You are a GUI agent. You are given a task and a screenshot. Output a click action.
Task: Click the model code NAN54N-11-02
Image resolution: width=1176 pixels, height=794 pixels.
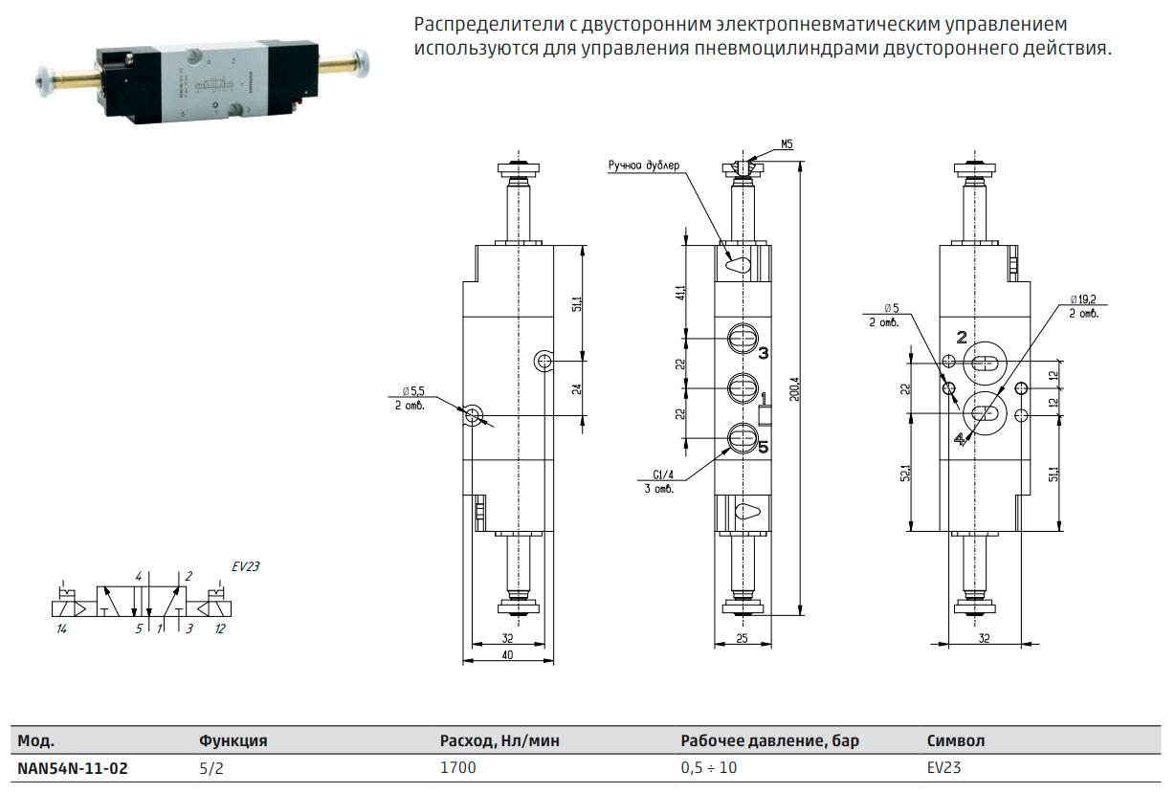[73, 768]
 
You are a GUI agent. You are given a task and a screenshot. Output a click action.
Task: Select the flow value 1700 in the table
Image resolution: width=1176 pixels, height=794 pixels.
[457, 768]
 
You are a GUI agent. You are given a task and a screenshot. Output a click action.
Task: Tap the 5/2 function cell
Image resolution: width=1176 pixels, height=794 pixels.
[211, 768]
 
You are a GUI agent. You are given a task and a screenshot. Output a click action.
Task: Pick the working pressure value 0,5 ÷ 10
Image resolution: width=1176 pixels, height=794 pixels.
[709, 768]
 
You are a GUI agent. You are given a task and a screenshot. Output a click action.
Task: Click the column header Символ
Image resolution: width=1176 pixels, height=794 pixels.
[956, 740]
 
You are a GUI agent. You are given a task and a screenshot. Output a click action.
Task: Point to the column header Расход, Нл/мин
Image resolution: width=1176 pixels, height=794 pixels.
[499, 741]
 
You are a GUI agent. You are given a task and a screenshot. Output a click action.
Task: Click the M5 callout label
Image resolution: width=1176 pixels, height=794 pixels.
[787, 144]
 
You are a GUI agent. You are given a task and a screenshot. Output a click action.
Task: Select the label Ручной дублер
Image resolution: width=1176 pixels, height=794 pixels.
[644, 165]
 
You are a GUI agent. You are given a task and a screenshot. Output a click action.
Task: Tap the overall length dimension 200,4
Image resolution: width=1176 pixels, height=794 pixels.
[794, 388]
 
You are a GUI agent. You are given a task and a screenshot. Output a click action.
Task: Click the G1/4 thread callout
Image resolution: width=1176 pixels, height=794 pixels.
[662, 474]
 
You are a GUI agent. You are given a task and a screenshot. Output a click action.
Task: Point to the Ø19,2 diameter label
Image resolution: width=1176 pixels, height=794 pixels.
[1083, 299]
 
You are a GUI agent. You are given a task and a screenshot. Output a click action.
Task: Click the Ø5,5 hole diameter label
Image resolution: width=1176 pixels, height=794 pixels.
[413, 391]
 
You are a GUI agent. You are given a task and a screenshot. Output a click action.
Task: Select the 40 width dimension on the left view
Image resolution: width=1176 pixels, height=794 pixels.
[507, 655]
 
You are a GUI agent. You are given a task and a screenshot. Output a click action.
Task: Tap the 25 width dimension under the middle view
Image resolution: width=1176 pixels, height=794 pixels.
[742, 639]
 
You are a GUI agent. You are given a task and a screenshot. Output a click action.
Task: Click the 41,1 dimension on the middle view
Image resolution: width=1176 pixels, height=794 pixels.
[681, 293]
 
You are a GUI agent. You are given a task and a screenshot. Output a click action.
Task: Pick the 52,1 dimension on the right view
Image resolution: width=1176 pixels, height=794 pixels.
[905, 473]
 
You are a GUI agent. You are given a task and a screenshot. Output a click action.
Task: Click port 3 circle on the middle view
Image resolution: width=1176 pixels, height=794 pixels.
[743, 339]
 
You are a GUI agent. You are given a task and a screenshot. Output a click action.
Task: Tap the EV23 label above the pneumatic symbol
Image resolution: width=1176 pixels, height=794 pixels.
[246, 566]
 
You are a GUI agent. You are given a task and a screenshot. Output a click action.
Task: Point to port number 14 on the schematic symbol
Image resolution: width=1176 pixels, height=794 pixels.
[61, 629]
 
